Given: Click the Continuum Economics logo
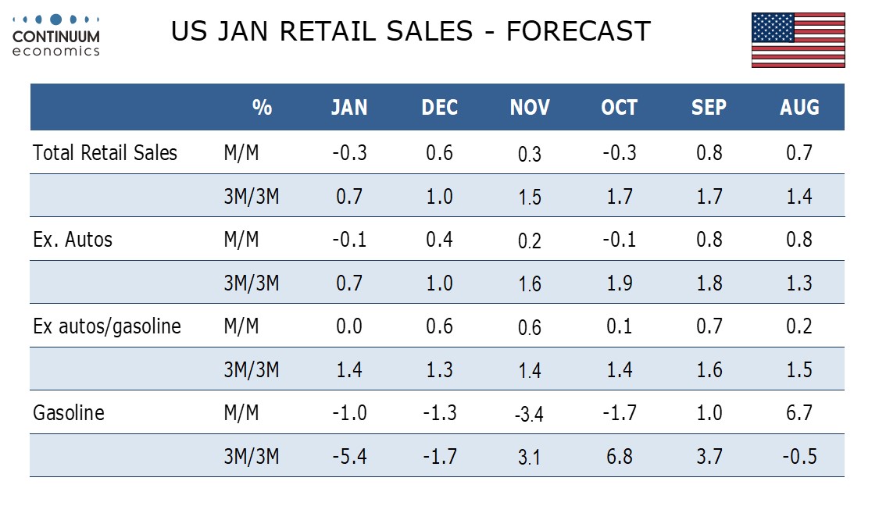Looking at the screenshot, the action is click(x=56, y=36).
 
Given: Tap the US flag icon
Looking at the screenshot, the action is click(x=798, y=40).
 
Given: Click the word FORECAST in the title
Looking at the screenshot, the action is click(x=578, y=31).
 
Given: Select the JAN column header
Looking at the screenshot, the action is click(x=349, y=107).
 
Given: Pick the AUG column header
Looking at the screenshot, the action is click(x=799, y=107).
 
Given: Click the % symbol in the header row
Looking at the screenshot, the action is click(x=263, y=107).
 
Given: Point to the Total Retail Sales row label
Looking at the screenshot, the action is click(x=105, y=152).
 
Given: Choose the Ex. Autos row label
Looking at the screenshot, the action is click(x=73, y=240).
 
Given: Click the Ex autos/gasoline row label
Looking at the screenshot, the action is click(x=107, y=326).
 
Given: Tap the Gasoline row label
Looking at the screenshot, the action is click(x=69, y=413).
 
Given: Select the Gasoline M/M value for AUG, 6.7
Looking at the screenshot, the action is click(x=799, y=413).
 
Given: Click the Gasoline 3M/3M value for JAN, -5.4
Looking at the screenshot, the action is click(x=349, y=457).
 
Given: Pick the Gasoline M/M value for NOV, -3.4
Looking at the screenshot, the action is click(x=529, y=415).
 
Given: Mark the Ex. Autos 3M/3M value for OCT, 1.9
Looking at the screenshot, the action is click(x=620, y=283).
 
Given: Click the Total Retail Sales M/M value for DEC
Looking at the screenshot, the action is click(x=440, y=153).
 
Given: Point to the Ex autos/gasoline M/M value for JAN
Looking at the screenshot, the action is click(x=349, y=326).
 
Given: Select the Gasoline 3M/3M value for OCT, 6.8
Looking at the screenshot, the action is click(x=620, y=457).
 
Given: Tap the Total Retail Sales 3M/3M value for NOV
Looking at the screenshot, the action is click(x=530, y=197).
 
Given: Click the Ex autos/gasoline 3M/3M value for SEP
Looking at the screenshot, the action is click(x=709, y=370).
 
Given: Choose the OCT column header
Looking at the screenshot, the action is click(x=620, y=107).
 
